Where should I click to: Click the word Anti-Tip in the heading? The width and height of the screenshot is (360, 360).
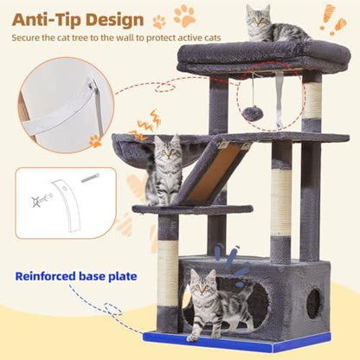click(46, 19)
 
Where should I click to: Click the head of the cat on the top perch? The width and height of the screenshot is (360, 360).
click(258, 15)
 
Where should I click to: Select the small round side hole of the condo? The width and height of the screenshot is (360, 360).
click(313, 303)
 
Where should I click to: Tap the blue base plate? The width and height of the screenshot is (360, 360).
click(237, 342)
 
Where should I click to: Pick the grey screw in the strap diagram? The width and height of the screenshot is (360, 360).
click(90, 178)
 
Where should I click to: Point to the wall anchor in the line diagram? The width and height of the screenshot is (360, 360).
click(42, 200)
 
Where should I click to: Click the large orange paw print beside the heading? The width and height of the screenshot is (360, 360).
click(185, 15)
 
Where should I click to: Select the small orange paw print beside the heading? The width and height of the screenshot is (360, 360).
click(159, 22)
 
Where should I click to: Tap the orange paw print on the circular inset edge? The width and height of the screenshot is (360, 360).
click(95, 140)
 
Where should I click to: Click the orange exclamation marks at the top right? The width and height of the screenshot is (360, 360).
click(332, 19)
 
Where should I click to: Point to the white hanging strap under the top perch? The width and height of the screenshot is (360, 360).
click(280, 98)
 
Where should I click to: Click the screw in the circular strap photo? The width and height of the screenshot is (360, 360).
click(92, 85)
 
